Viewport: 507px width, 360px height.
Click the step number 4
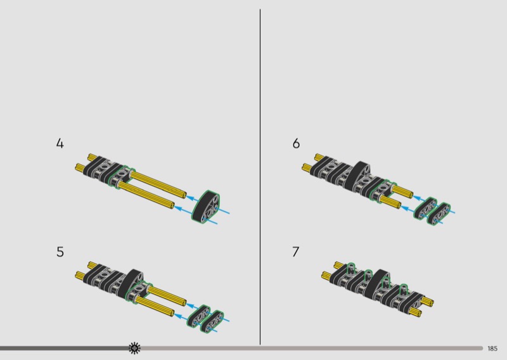click(x=60, y=143)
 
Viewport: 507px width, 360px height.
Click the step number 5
click(x=60, y=252)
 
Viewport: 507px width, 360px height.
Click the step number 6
click(x=296, y=143)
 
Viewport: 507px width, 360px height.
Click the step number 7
click(x=296, y=252)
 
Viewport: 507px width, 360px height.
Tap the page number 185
click(x=492, y=349)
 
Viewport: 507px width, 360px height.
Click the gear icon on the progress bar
click(x=134, y=348)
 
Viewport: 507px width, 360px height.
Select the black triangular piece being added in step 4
click(x=205, y=207)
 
